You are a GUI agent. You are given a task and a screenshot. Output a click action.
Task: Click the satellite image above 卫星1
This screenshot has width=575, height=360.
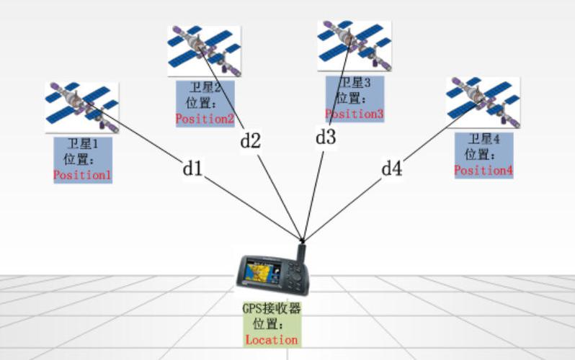coord(81,107)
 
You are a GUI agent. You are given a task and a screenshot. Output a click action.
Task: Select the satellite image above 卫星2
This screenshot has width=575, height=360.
coord(204,51)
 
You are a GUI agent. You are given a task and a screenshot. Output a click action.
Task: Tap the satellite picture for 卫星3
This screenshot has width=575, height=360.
coord(355,46)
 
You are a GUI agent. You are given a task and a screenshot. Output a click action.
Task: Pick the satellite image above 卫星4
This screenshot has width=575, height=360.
coord(483,102)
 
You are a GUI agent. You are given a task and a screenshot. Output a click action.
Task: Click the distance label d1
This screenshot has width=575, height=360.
coord(192,168)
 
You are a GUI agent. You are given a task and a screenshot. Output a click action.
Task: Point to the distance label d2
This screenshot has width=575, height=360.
coord(251,140)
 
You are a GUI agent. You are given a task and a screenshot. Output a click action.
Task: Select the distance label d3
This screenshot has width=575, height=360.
coord(326,137)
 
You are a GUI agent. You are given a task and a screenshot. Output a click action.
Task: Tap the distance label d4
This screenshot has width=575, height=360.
coord(392,168)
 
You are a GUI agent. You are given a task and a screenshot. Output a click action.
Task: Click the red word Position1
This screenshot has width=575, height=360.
coord(82,175)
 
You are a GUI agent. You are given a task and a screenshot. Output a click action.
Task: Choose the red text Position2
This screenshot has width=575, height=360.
coord(205,119)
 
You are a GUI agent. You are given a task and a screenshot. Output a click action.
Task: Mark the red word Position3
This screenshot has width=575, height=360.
coord(355,114)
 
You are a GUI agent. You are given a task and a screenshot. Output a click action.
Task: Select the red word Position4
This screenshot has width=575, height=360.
coord(483,170)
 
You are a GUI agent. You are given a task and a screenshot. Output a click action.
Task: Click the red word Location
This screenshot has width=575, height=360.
coord(272,340)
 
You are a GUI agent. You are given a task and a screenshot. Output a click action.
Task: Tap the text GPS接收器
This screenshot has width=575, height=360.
coord(272,308)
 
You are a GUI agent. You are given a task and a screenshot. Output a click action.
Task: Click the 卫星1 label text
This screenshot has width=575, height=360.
coord(83,144)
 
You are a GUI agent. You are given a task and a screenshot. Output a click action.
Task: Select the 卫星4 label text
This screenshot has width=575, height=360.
coord(484,139)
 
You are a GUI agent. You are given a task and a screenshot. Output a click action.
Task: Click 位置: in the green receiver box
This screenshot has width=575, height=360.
coord(268,324)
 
